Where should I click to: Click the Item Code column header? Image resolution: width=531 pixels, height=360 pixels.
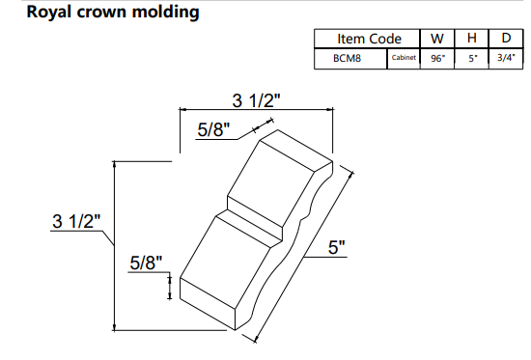[x=368, y=39]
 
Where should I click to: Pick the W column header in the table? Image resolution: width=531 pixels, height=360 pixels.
[x=437, y=39]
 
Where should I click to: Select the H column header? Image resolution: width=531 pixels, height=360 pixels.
[x=472, y=39]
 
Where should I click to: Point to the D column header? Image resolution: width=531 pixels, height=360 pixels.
[x=506, y=39]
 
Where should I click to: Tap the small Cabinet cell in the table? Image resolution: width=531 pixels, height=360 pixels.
[x=404, y=59]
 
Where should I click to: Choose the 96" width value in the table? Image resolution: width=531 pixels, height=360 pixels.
[x=437, y=58]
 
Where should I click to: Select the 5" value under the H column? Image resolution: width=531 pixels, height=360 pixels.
[x=472, y=58]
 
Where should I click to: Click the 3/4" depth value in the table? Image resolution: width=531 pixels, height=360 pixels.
[x=506, y=58]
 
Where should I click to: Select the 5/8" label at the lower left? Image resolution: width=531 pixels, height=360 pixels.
[x=146, y=261]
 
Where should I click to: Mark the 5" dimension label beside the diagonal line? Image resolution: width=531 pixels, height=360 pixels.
[x=336, y=248]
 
